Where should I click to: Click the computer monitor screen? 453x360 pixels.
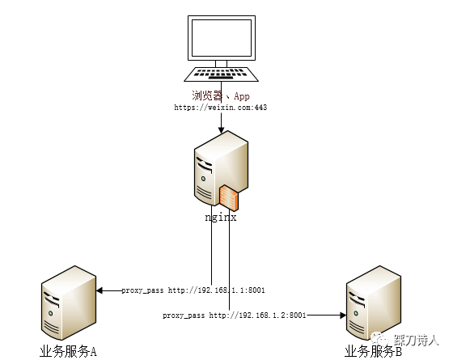(222, 38)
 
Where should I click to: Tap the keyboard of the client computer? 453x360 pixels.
(222, 74)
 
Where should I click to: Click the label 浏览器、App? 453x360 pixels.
(221, 95)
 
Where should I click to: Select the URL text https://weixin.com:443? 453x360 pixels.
(220, 108)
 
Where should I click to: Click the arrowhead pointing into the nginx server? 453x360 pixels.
(222, 129)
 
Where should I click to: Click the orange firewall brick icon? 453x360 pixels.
(229, 197)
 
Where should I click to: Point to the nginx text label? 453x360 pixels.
(221, 218)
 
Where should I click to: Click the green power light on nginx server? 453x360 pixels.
(203, 179)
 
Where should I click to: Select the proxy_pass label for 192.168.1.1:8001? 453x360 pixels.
(193, 290)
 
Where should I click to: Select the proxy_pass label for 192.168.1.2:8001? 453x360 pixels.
(235, 316)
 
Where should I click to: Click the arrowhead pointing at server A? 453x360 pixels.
(99, 290)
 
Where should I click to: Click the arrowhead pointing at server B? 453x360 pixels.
(343, 316)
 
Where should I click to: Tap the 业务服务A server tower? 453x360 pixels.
(69, 303)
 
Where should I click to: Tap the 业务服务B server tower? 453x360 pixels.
(374, 303)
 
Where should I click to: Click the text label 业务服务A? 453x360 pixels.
(68, 352)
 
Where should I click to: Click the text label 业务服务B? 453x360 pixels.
(373, 352)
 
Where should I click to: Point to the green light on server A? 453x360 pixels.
(51, 314)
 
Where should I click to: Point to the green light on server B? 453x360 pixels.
(356, 314)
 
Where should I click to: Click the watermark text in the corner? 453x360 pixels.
(416, 340)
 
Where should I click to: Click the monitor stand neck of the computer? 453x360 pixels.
(222, 64)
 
